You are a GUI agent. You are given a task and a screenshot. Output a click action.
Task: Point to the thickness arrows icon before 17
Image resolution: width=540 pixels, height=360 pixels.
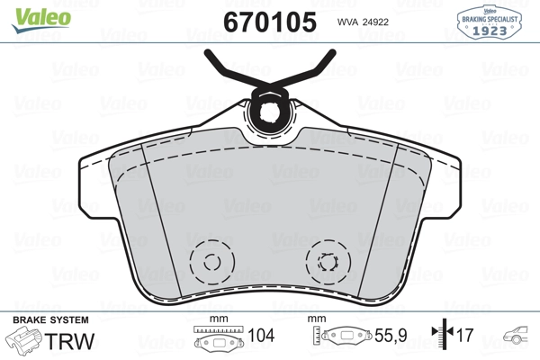click(442, 336)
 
